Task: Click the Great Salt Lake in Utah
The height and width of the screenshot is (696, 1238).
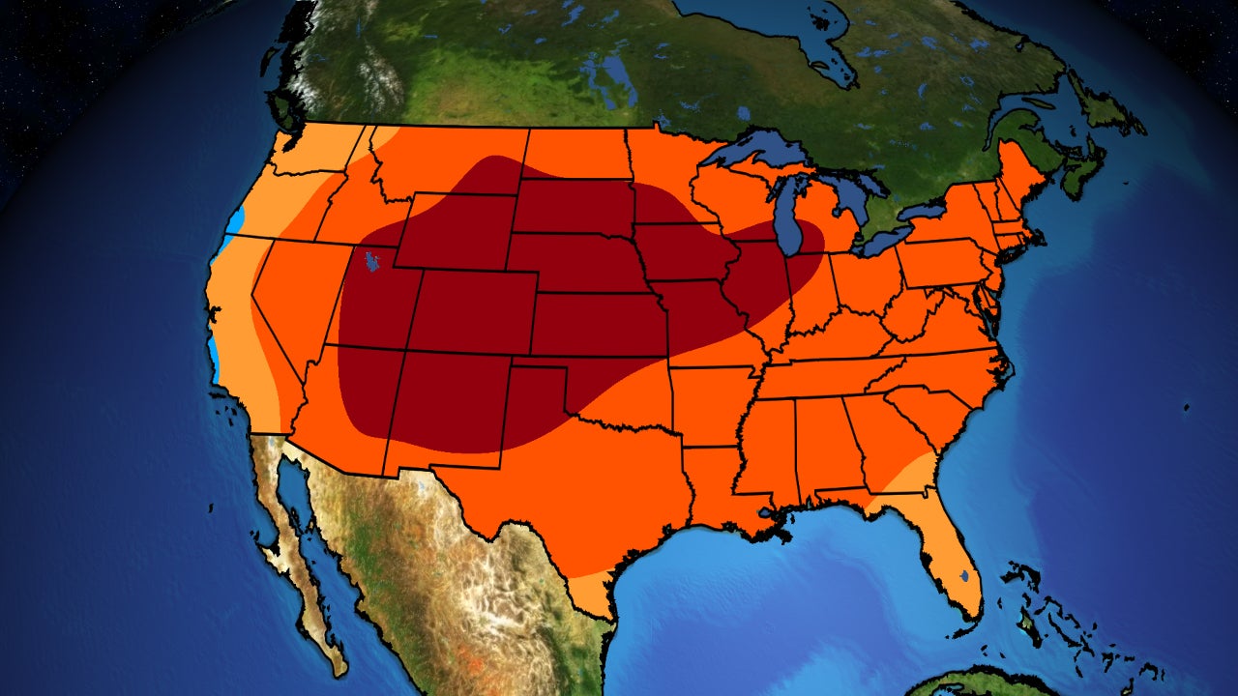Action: (368, 262)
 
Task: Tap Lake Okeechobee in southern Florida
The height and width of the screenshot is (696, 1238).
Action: (964, 577)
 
